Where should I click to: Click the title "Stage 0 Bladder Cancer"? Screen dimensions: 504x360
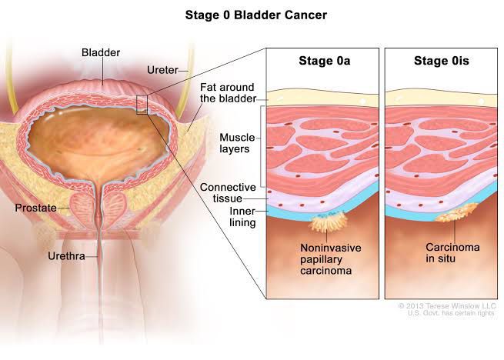pos(256,15)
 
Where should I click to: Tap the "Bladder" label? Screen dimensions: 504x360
pos(101,52)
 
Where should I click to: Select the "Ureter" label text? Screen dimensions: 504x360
pos(162,70)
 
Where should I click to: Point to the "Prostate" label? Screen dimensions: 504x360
pos(35,208)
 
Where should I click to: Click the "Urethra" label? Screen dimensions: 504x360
pos(66,256)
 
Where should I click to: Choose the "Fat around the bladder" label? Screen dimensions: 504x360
pos(228,92)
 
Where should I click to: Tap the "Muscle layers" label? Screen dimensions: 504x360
pos(237,143)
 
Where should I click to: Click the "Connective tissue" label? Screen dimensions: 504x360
pos(228,193)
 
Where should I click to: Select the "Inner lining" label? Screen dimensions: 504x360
pos(242,217)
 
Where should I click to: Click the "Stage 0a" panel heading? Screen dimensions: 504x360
pos(324,61)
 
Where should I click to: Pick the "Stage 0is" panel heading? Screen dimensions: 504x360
pos(442,61)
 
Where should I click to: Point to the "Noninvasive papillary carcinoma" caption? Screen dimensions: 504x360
pos(331,259)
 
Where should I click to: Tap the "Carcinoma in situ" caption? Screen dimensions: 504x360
pos(452,252)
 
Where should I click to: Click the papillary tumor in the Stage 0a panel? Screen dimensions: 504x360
pos(329,222)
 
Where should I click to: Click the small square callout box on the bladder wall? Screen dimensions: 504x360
pos(142,105)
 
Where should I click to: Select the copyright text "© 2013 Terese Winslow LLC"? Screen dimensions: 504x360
pos(447,305)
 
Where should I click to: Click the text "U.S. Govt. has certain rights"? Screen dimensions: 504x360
pos(451,313)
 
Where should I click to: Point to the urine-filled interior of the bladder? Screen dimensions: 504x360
pos(96,142)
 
